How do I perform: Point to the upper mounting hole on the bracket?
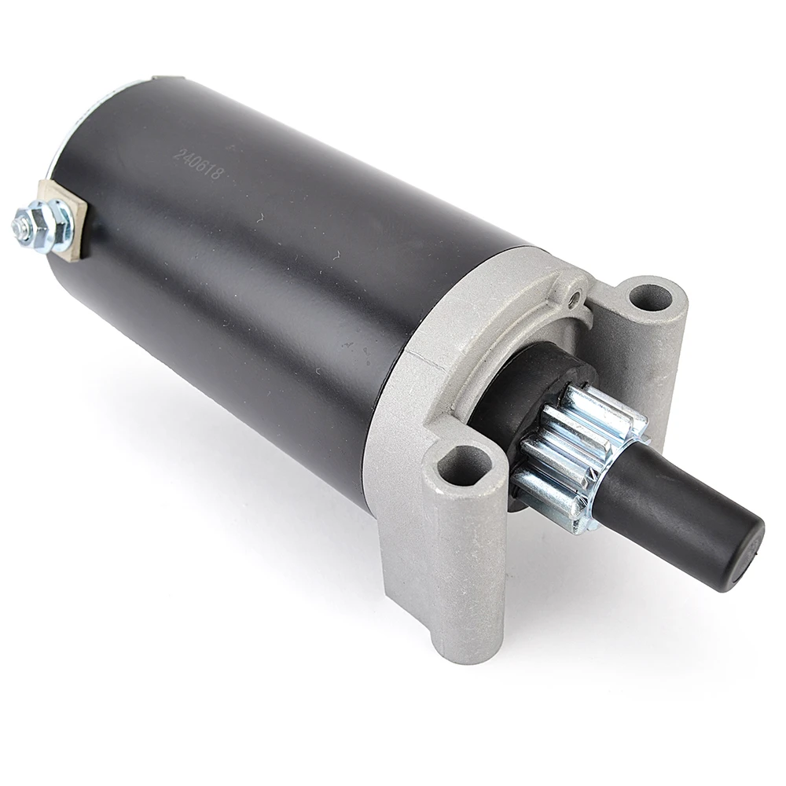(650, 298)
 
